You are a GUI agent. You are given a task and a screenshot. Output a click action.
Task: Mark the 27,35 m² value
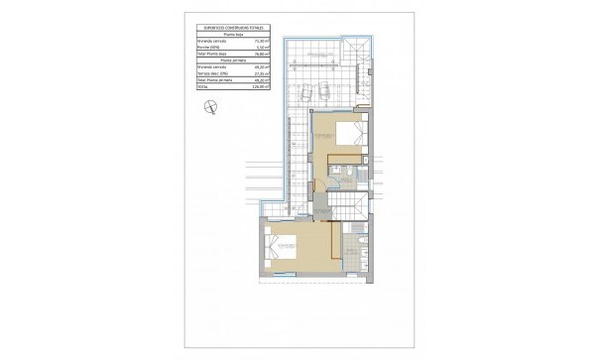coord(260,70)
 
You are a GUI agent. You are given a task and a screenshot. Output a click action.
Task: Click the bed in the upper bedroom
coord(347,134)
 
